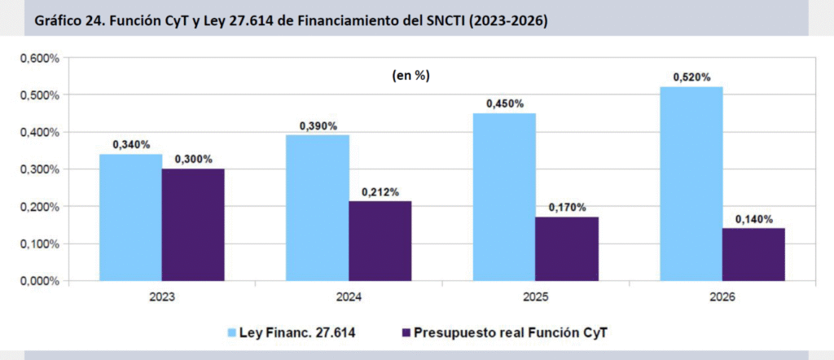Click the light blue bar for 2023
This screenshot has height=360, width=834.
click(131, 217)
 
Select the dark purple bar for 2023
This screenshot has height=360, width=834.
click(193, 225)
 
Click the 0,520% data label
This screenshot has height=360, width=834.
click(691, 77)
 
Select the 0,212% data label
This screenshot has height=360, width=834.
click(380, 192)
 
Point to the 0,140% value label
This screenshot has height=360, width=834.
click(753, 219)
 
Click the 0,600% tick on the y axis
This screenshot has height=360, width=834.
click(39, 59)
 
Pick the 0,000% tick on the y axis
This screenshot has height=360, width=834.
click(39, 281)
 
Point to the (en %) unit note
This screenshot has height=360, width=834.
click(410, 75)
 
